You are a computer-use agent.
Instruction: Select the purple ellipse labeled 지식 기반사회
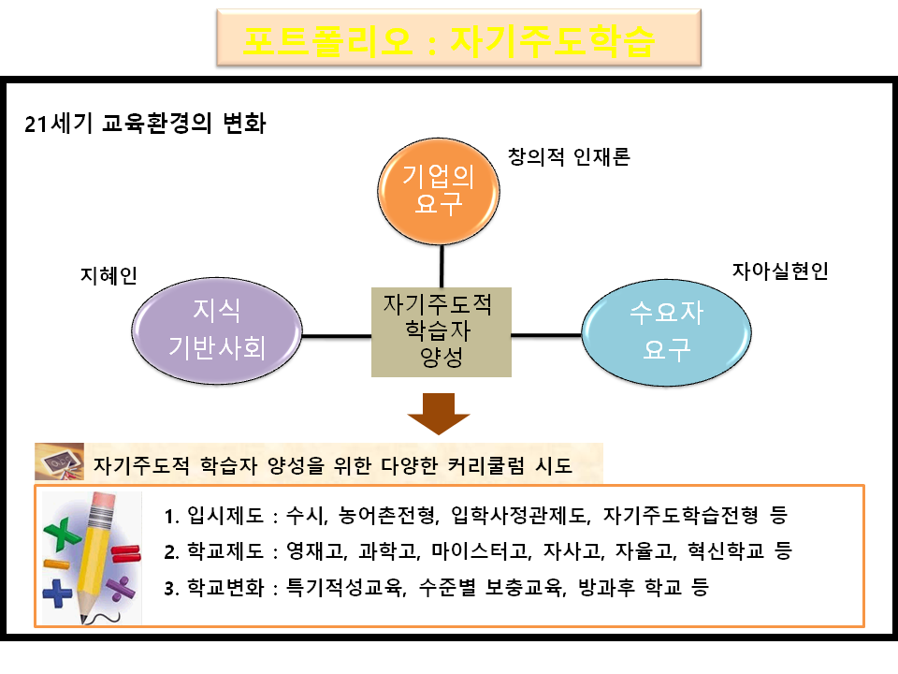[x=217, y=329]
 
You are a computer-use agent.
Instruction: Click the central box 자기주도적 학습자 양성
[x=442, y=330]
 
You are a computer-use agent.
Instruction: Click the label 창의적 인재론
[x=569, y=156]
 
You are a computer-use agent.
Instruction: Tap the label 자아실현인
[x=779, y=271]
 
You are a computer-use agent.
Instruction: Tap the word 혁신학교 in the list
[x=730, y=551]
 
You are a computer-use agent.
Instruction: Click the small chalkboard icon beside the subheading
[x=59, y=462]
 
